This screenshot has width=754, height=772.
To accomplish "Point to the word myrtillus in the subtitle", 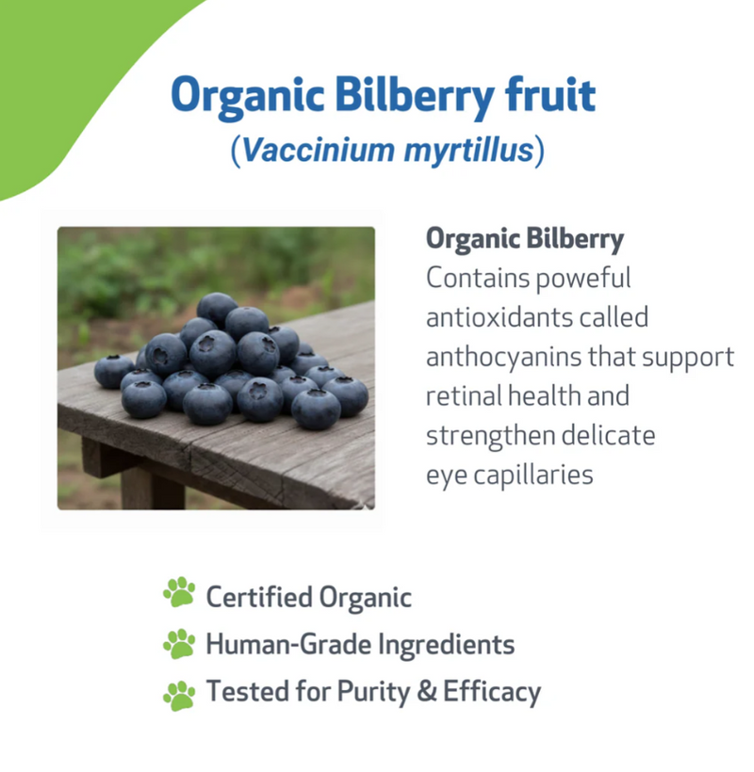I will coord(456,150).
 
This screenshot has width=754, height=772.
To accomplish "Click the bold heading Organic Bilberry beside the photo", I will coord(525,239).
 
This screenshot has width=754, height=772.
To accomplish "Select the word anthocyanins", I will coord(506,357).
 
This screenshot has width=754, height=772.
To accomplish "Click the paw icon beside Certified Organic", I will coord(178,593).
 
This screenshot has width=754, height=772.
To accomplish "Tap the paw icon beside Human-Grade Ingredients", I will coord(178,643).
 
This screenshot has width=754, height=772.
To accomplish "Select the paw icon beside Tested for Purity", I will coord(178,694).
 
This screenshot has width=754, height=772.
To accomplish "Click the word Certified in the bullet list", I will coord(258,597).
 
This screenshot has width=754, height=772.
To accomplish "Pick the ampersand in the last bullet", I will coord(427,693).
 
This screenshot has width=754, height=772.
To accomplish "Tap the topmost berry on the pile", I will coord(217,307).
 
